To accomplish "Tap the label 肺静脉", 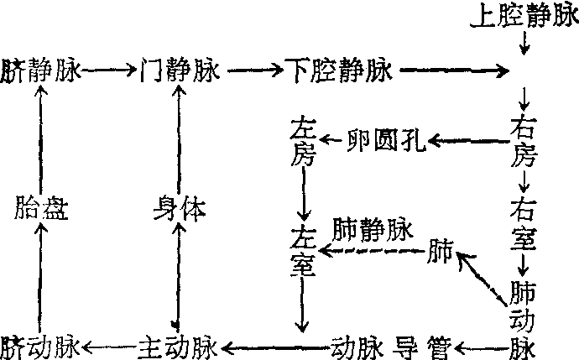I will click(x=373, y=229).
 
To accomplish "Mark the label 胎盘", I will click(x=40, y=209).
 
